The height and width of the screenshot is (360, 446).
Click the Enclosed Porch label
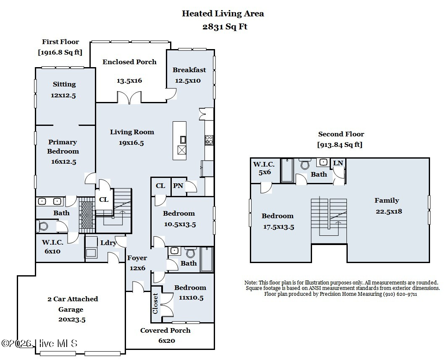coord(129,62)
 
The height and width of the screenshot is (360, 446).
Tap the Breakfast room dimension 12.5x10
coord(188,81)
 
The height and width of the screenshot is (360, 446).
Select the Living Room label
coord(132,132)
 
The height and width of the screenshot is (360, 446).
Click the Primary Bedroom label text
coord(63,146)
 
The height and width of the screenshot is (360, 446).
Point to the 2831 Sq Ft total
coord(225,27)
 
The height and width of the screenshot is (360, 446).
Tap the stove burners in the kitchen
coord(209,140)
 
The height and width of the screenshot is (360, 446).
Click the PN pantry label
coord(178,186)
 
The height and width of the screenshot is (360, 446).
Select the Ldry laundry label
coord(108,243)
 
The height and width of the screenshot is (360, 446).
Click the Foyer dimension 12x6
coord(137,268)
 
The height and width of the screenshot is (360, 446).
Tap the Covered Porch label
coord(165,331)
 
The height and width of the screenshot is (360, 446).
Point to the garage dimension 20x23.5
coord(72,320)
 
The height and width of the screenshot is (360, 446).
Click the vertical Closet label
coord(155,303)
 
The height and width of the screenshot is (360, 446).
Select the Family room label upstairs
coord(386,201)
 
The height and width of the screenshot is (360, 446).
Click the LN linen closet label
coord(338,163)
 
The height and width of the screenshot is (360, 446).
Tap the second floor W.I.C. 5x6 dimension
coord(265,172)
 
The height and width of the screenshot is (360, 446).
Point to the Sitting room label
coord(64,84)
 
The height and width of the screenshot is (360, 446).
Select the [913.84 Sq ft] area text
coord(340,145)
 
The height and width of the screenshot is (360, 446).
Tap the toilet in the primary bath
coord(42,227)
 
